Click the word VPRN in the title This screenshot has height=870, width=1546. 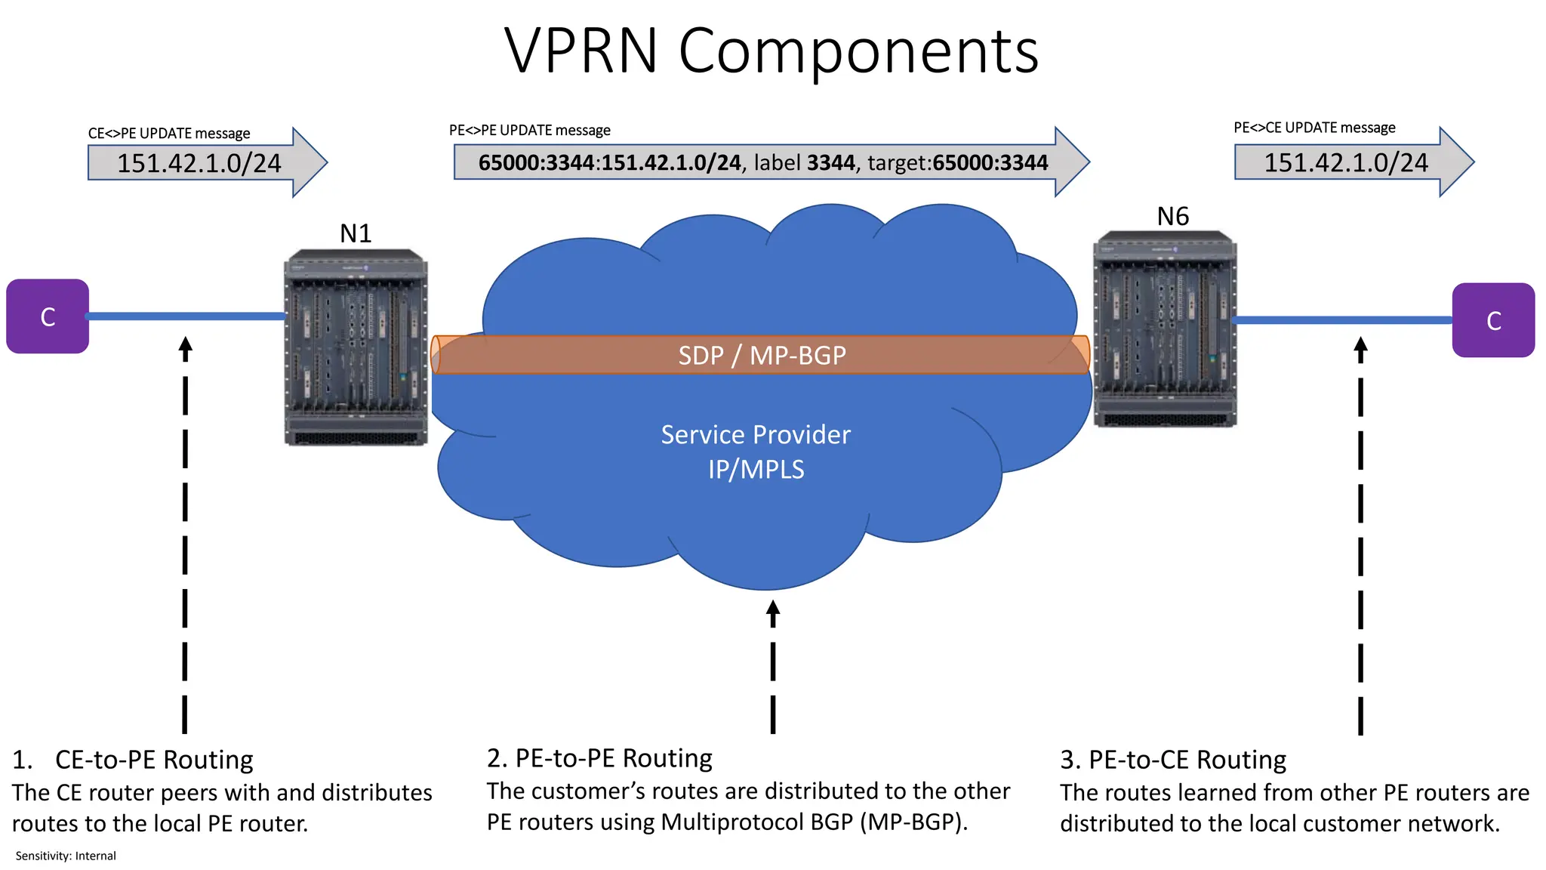[x=581, y=51]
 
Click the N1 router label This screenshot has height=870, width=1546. [x=356, y=233]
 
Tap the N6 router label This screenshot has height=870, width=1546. [x=1172, y=217]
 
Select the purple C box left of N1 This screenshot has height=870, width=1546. [x=48, y=316]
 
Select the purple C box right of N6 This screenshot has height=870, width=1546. [x=1492, y=320]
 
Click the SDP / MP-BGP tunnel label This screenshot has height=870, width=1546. [x=762, y=355]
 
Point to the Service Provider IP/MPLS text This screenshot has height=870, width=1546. [x=756, y=452]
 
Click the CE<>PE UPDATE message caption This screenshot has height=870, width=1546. [x=169, y=134]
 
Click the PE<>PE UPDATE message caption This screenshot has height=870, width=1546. [x=529, y=130]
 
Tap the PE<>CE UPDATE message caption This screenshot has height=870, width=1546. [x=1314, y=128]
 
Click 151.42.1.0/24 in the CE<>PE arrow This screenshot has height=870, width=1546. [x=199, y=163]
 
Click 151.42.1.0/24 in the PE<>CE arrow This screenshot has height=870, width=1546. [x=1346, y=162]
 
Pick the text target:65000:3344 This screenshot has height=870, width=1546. [x=957, y=162]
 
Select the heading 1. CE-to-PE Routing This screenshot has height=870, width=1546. [x=133, y=759]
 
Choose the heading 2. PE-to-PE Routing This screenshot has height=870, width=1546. [x=599, y=757]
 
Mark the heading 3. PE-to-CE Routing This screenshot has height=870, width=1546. [x=1173, y=759]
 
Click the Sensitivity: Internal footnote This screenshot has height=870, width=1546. [x=66, y=856]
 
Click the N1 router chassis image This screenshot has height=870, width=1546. [x=356, y=347]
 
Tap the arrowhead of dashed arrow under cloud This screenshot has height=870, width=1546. [x=772, y=610]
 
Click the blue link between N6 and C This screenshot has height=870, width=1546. [x=1344, y=320]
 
